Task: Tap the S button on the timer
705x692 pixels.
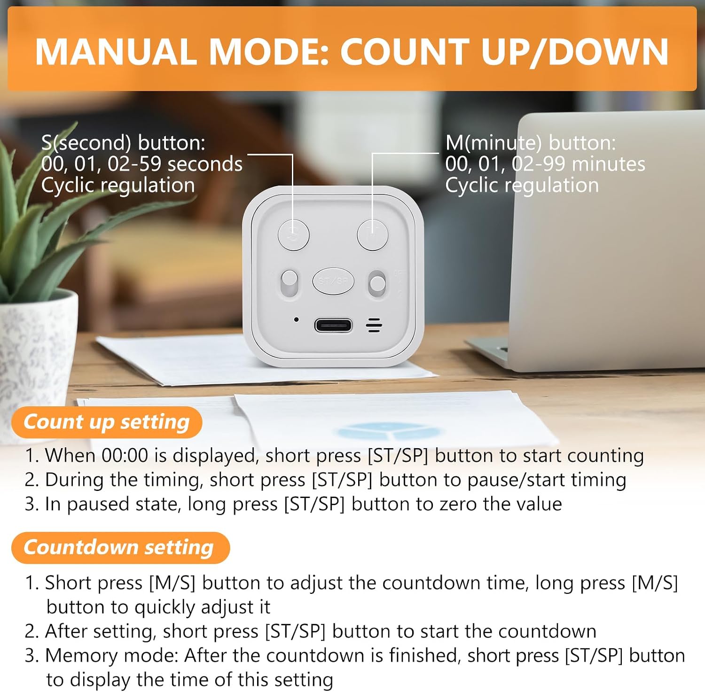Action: click(x=294, y=234)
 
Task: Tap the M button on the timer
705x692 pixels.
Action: click(x=373, y=234)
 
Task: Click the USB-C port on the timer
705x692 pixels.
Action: click(x=333, y=325)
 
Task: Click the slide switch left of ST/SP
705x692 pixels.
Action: click(x=290, y=283)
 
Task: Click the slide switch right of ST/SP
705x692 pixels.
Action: click(x=377, y=283)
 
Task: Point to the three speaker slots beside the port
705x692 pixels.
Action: click(x=374, y=325)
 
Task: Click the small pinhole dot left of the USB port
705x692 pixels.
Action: click(x=296, y=319)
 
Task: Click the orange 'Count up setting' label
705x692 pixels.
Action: click(x=107, y=422)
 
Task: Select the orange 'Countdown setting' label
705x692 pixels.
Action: click(x=120, y=547)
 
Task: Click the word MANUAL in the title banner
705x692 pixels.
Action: click(x=116, y=51)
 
